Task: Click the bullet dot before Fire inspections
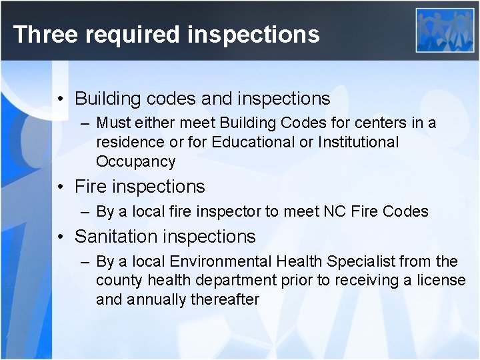(61, 187)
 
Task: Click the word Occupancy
(136, 162)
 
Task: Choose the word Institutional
(359, 142)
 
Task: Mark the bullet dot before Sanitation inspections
(61, 237)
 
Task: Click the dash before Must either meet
(85, 123)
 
